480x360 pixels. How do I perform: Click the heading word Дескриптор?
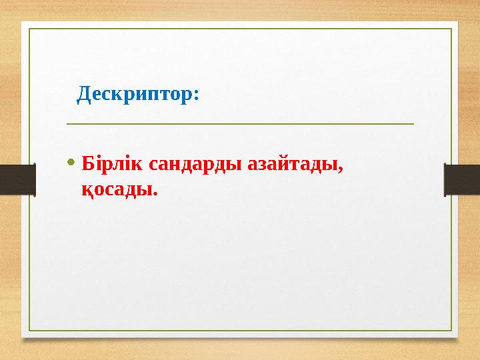pos(136,94)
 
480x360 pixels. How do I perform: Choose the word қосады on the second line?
pos(117,191)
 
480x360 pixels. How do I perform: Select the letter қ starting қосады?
pos(87,192)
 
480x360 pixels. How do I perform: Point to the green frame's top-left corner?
pos(29,29)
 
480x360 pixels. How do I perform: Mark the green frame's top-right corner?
pos(451,29)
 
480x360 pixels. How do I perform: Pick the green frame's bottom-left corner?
pos(29,331)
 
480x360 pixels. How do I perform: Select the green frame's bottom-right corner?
pos(451,331)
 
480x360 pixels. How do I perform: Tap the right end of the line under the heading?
pos(413,123)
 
